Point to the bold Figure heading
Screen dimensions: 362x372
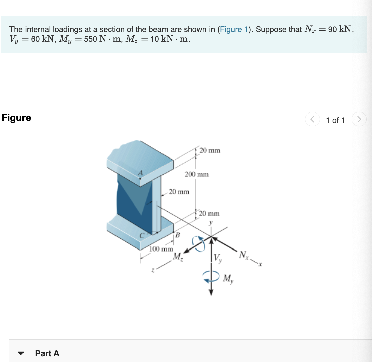pyautogui.click(x=16, y=118)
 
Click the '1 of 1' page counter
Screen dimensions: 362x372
pyautogui.click(x=335, y=120)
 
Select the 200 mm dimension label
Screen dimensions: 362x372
pyautogui.click(x=196, y=174)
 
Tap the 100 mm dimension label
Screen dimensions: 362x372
pyautogui.click(x=161, y=249)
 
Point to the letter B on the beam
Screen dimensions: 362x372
pyautogui.click(x=178, y=235)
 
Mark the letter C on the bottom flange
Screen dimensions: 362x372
pyautogui.click(x=142, y=235)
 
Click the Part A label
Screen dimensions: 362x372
pyautogui.click(x=47, y=353)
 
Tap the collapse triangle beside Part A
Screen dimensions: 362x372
pyautogui.click(x=21, y=354)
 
